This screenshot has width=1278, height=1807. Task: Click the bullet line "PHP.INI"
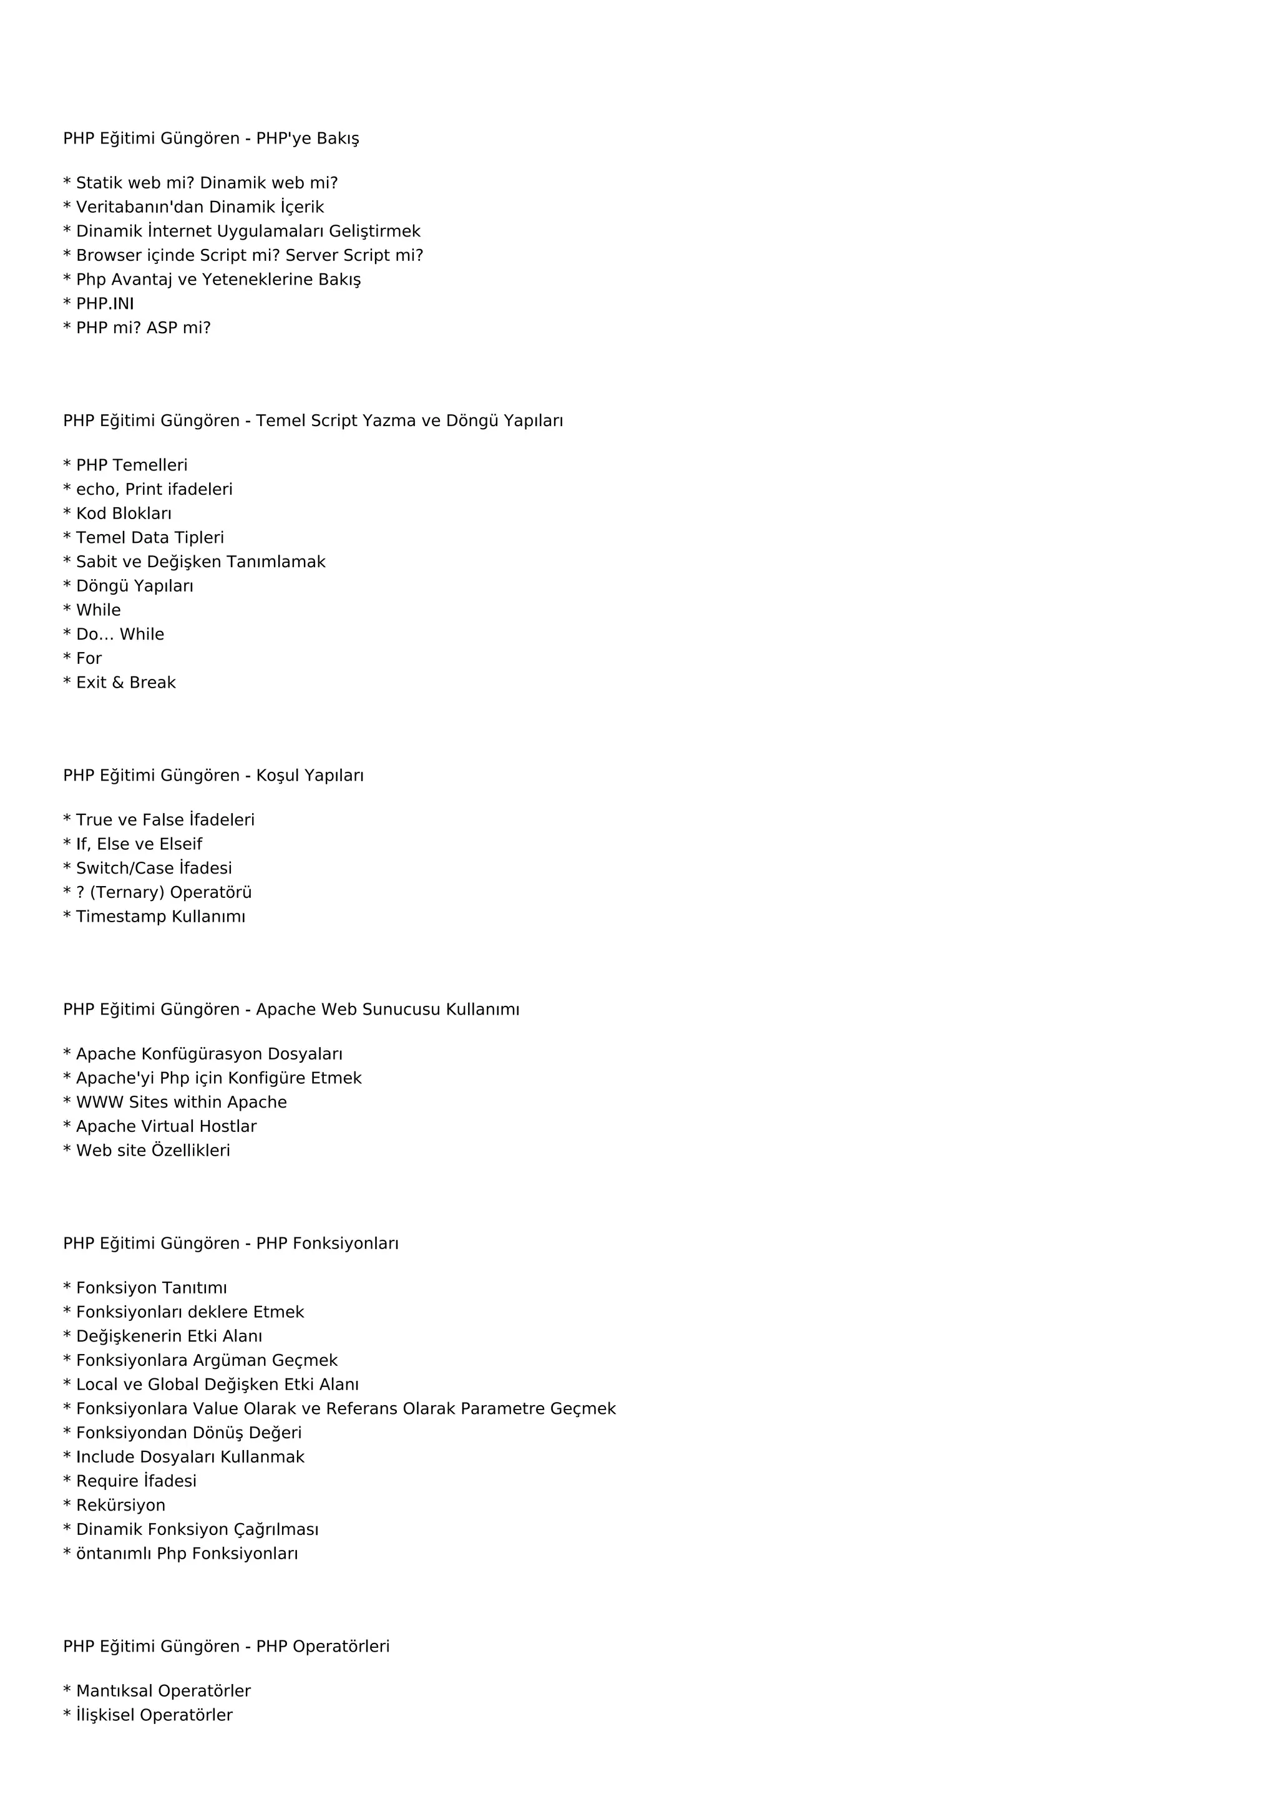pyautogui.click(x=105, y=304)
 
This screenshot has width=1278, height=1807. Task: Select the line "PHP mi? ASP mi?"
pyautogui.click(x=144, y=328)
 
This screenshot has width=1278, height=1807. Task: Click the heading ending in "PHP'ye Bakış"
pyautogui.click(x=211, y=139)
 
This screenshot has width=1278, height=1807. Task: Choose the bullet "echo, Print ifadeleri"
pyautogui.click(x=154, y=490)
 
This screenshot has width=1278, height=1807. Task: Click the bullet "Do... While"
pyautogui.click(x=120, y=635)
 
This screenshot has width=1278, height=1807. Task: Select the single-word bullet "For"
pyautogui.click(x=89, y=659)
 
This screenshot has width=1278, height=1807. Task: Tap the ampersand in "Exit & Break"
pyautogui.click(x=117, y=683)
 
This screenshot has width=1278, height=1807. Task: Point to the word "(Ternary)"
pyautogui.click(x=127, y=892)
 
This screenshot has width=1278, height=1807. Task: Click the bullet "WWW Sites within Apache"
pyautogui.click(x=181, y=1102)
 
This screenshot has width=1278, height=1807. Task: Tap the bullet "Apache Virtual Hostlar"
pyautogui.click(x=166, y=1126)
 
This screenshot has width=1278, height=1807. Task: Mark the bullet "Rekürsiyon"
pyautogui.click(x=120, y=1505)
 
